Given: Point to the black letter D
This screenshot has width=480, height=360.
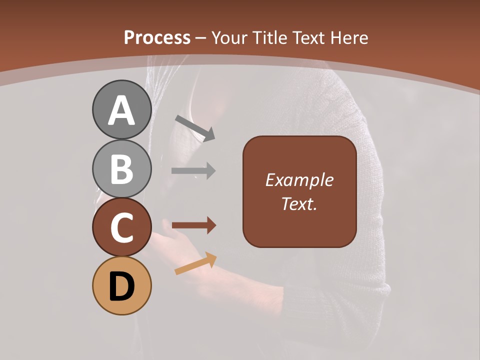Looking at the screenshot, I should coord(122,286).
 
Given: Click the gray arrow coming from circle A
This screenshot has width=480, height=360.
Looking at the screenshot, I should coord(195,127).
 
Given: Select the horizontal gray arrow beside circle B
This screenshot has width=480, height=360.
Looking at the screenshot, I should coord(193,171).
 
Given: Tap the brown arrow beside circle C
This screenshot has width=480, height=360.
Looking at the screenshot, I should coord(193,226).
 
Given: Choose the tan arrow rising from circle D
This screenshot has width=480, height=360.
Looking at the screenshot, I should coord(195,263).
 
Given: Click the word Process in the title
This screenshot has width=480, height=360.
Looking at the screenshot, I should coord(157,37).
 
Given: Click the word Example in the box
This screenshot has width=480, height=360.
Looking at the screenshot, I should coord(299,180).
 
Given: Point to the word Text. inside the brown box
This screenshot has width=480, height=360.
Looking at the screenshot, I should coord(299,203).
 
